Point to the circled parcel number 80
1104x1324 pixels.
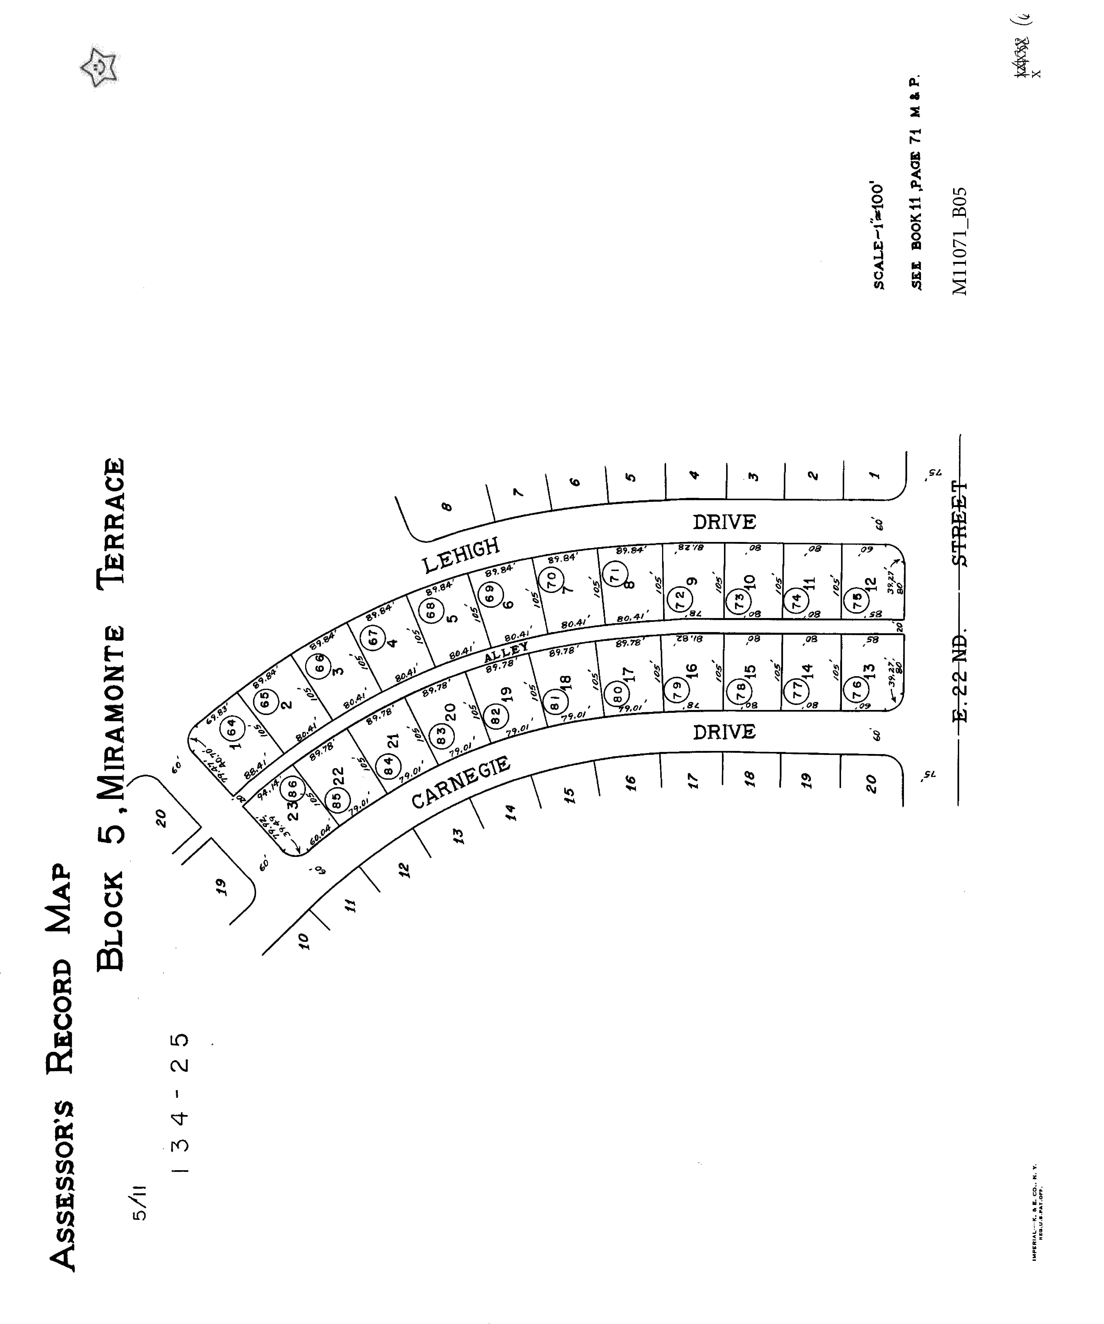618,694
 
